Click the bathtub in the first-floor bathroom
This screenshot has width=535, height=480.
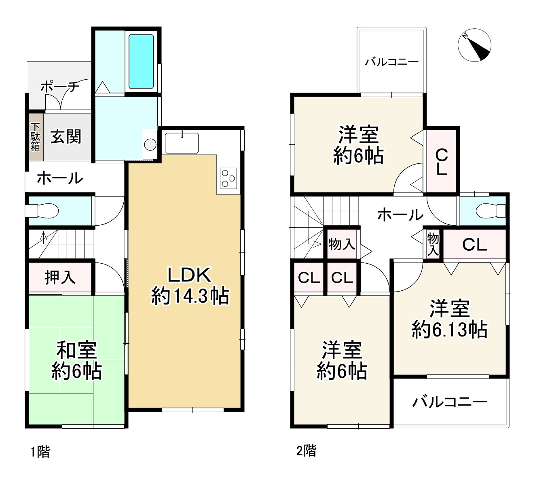click(x=141, y=61)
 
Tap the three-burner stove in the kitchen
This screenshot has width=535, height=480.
click(x=228, y=178)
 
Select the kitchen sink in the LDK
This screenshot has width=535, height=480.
click(x=182, y=143)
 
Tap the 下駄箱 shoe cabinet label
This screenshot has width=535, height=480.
click(x=35, y=137)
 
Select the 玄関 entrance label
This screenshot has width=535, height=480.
click(x=66, y=137)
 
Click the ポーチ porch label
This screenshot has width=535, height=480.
click(x=60, y=87)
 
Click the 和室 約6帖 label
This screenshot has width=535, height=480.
click(x=76, y=361)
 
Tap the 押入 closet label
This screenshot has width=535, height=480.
click(x=60, y=277)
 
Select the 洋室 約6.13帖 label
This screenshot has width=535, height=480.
click(x=449, y=319)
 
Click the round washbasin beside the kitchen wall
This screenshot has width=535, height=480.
click(x=150, y=145)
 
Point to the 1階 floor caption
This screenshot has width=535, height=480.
click(x=40, y=452)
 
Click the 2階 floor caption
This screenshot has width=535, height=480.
click(x=306, y=450)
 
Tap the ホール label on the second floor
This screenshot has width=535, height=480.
click(x=400, y=215)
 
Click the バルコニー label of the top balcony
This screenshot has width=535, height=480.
click(x=391, y=62)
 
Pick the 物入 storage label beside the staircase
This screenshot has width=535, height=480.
click(x=342, y=244)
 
